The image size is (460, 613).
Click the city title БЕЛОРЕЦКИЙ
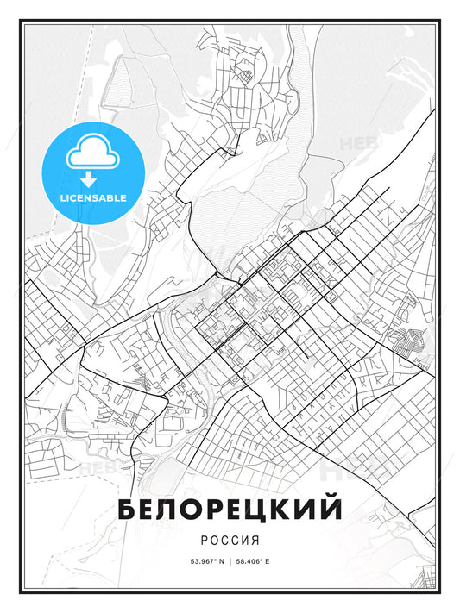coord(229,510)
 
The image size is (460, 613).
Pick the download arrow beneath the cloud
coord(89,179)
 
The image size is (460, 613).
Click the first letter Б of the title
coord(127,510)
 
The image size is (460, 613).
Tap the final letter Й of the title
coord(331,509)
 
